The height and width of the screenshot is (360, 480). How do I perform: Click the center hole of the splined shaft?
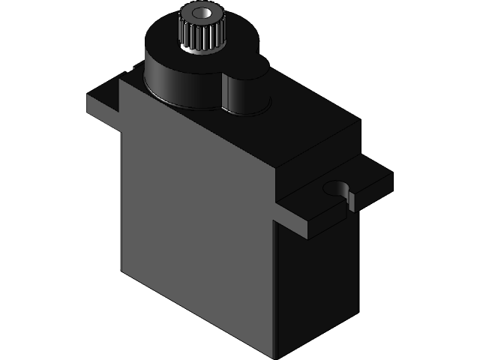pos(202,13)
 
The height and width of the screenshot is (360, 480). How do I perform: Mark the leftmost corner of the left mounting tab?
pos(88,96)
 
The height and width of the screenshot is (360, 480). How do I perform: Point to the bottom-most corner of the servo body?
pos(277,357)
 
